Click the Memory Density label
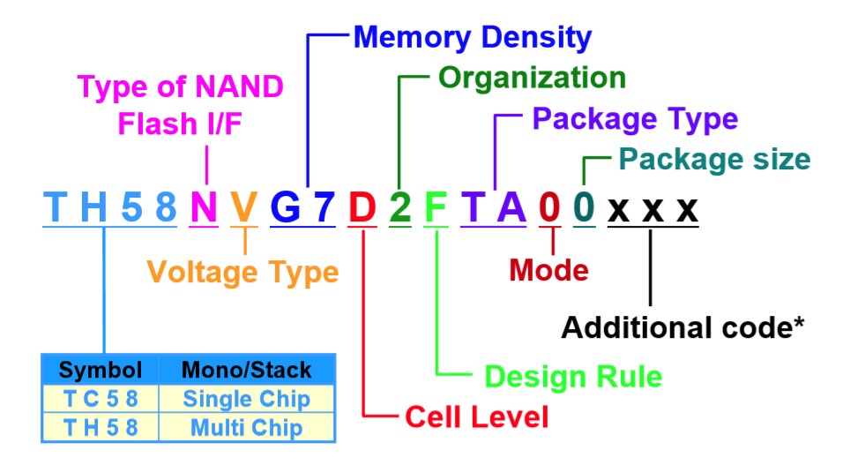click(473, 38)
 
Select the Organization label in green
click(532, 79)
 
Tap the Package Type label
click(635, 119)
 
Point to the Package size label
click(714, 160)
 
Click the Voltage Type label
click(242, 273)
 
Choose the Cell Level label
click(476, 416)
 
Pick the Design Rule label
click(573, 377)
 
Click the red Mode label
click(548, 270)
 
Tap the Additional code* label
click(683, 327)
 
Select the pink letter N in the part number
click(204, 207)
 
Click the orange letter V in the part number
click(243, 207)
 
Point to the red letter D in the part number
click(362, 207)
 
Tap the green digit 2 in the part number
click(400, 207)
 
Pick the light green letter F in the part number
click(436, 207)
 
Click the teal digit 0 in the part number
click(584, 207)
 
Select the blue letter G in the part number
click(286, 207)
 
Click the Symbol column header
click(101, 370)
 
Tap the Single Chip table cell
click(246, 399)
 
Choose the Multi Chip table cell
click(246, 427)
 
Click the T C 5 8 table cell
click(101, 399)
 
